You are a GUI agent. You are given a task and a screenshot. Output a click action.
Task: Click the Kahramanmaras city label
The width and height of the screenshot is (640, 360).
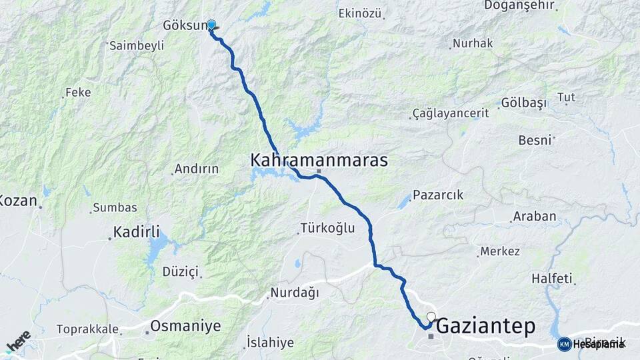pyautogui.click(x=319, y=160)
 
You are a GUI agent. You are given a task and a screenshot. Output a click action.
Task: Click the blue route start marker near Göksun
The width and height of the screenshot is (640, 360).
pyautogui.click(x=211, y=25)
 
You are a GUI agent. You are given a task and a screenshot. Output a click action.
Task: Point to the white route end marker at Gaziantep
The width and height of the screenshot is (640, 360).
pyautogui.click(x=431, y=317)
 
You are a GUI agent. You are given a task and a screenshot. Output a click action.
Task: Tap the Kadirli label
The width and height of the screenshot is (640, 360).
pyautogui.click(x=137, y=232)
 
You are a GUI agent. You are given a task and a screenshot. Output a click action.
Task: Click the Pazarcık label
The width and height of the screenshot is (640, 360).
pyautogui.click(x=438, y=195)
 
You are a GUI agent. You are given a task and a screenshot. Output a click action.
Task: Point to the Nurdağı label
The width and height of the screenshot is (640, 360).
pyautogui.click(x=294, y=293)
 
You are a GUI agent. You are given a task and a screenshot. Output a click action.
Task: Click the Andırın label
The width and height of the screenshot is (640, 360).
pyautogui.click(x=196, y=169)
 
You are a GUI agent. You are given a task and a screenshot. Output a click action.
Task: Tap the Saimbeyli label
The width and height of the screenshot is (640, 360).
pyautogui.click(x=136, y=45)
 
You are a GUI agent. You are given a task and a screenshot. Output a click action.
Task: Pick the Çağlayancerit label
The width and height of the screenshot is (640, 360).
pyautogui.click(x=451, y=113)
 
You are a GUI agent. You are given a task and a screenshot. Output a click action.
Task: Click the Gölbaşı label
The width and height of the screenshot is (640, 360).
pyautogui.click(x=523, y=103)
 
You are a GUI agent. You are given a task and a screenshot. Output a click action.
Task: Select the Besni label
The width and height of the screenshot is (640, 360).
pyautogui.click(x=535, y=140)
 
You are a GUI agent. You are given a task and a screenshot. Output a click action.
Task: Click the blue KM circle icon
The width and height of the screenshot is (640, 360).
pyautogui.click(x=564, y=344)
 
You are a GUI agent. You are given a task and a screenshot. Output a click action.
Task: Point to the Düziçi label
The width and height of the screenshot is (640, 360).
pyautogui.click(x=181, y=271)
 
